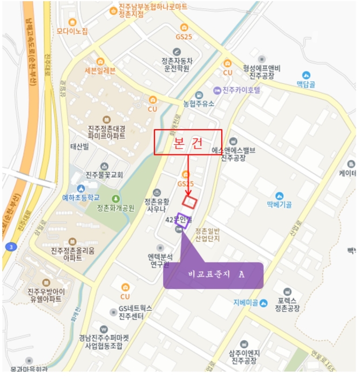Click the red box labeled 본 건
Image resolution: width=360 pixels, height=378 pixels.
tap(188, 143)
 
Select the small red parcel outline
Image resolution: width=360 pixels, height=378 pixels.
tap(189, 202)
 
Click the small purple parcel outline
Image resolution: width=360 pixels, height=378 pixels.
tap(182, 222)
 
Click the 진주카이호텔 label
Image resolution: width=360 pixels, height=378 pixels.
tap(241, 90)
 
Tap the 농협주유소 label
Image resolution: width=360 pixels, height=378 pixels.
tap(199, 103)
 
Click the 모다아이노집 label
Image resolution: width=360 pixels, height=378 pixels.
tap(72, 31)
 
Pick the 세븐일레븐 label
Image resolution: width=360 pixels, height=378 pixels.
tap(100, 71)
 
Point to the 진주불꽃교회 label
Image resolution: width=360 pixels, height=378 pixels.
tap(104, 175)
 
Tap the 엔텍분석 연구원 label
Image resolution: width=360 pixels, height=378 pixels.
tap(160, 260)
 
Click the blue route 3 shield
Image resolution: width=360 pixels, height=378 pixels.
tap(10, 247)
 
